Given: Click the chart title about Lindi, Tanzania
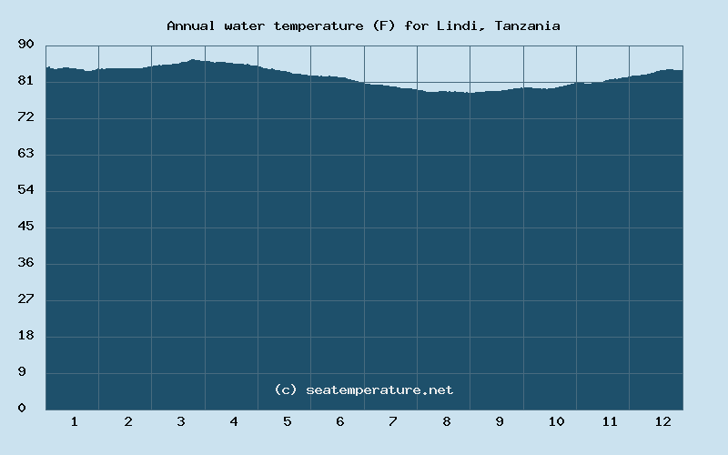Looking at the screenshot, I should (363, 25).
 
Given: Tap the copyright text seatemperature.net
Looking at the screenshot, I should (363, 389).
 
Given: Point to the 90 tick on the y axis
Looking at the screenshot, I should (26, 44).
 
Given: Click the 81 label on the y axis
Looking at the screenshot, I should (26, 81).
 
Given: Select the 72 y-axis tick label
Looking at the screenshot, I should (26, 117).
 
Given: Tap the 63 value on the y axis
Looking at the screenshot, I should (26, 154).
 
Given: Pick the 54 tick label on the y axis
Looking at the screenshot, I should (26, 190).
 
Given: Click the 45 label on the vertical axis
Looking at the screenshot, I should (26, 227).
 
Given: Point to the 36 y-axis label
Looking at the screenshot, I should (26, 263).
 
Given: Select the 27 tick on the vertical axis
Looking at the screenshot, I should (26, 299).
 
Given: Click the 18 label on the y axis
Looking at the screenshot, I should (26, 336).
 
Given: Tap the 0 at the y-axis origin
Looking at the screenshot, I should (22, 409).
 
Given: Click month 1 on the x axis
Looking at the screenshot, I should (74, 421).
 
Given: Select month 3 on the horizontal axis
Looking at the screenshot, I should (181, 421).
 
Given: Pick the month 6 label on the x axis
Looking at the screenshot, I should (339, 421).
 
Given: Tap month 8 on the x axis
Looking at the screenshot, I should (446, 421).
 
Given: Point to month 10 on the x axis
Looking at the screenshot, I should (556, 421).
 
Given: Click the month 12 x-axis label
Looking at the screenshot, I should (662, 421).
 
